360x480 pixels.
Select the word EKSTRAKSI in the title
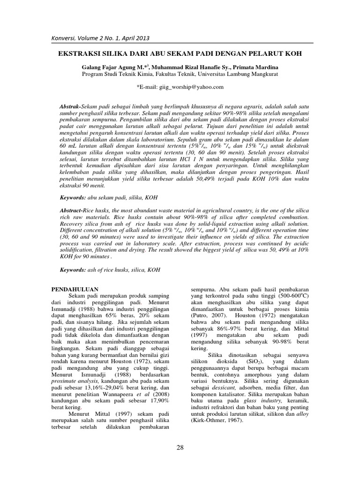pos(79,54)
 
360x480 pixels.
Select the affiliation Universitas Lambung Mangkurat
pos(254,74)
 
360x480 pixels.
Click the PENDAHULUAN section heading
pos(75,290)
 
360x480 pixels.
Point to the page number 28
pos(180,448)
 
